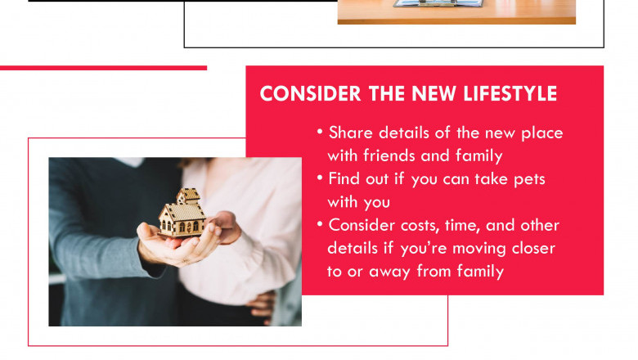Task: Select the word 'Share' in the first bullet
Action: point(350,133)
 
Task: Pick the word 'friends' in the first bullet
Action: point(391,155)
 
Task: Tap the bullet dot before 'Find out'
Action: point(320,178)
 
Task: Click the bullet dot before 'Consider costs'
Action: point(320,224)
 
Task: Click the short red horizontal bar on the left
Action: point(103,68)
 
